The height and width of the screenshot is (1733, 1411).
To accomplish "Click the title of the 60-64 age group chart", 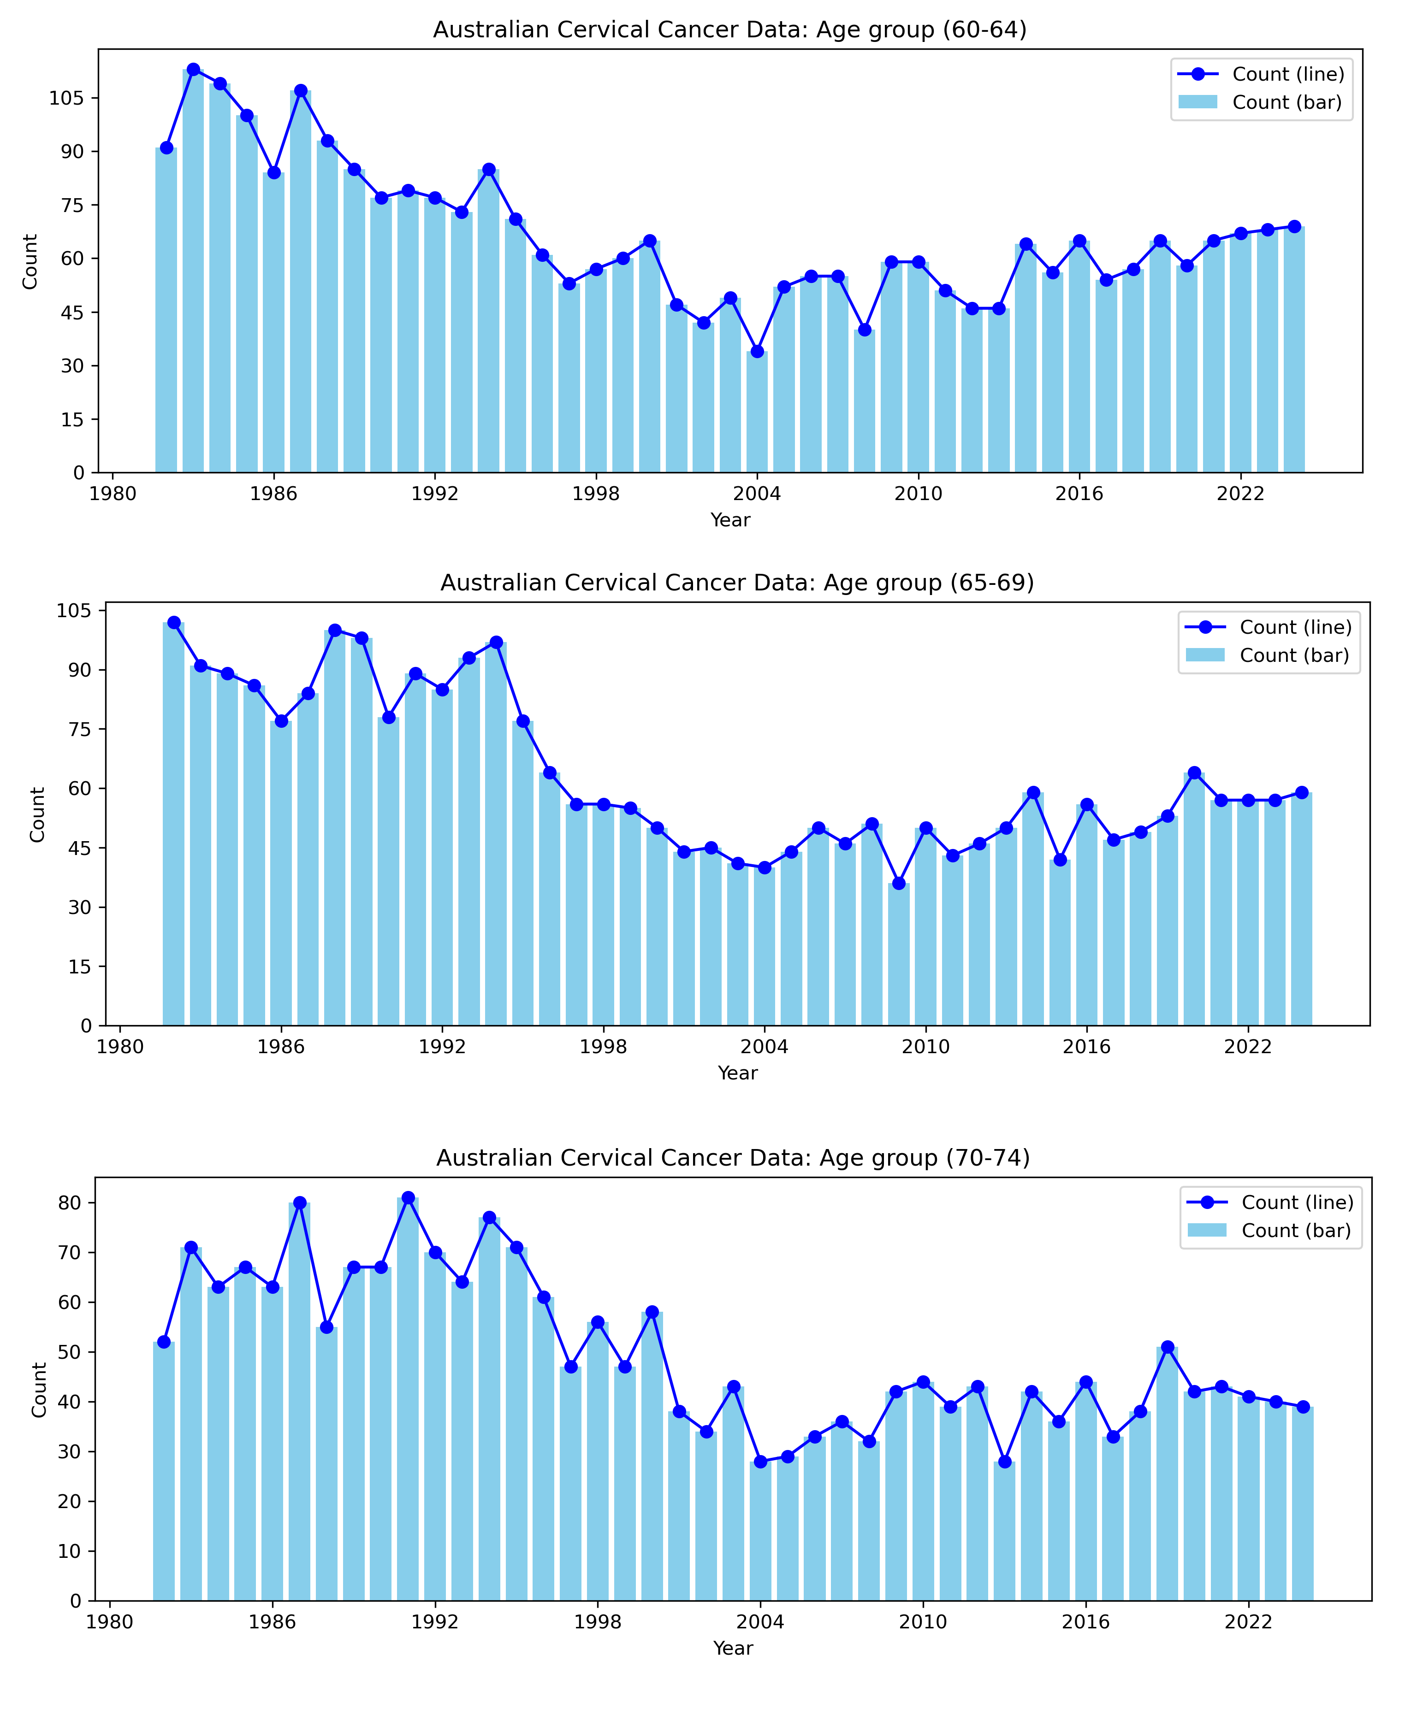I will click(x=729, y=30).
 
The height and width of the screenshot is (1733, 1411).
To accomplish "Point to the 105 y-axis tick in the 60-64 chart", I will click(x=67, y=98).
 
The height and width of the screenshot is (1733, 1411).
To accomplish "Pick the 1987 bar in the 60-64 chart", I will click(x=301, y=284).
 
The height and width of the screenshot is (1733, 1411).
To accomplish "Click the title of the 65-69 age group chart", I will click(x=736, y=584).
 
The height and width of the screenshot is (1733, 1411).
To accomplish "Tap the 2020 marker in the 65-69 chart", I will click(x=1194, y=772).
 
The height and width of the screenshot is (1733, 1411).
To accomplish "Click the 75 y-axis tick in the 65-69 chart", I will click(x=80, y=729).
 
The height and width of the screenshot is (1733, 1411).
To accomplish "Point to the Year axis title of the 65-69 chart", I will click(x=737, y=1073).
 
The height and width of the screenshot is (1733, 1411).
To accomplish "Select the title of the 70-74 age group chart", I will click(x=733, y=1158).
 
